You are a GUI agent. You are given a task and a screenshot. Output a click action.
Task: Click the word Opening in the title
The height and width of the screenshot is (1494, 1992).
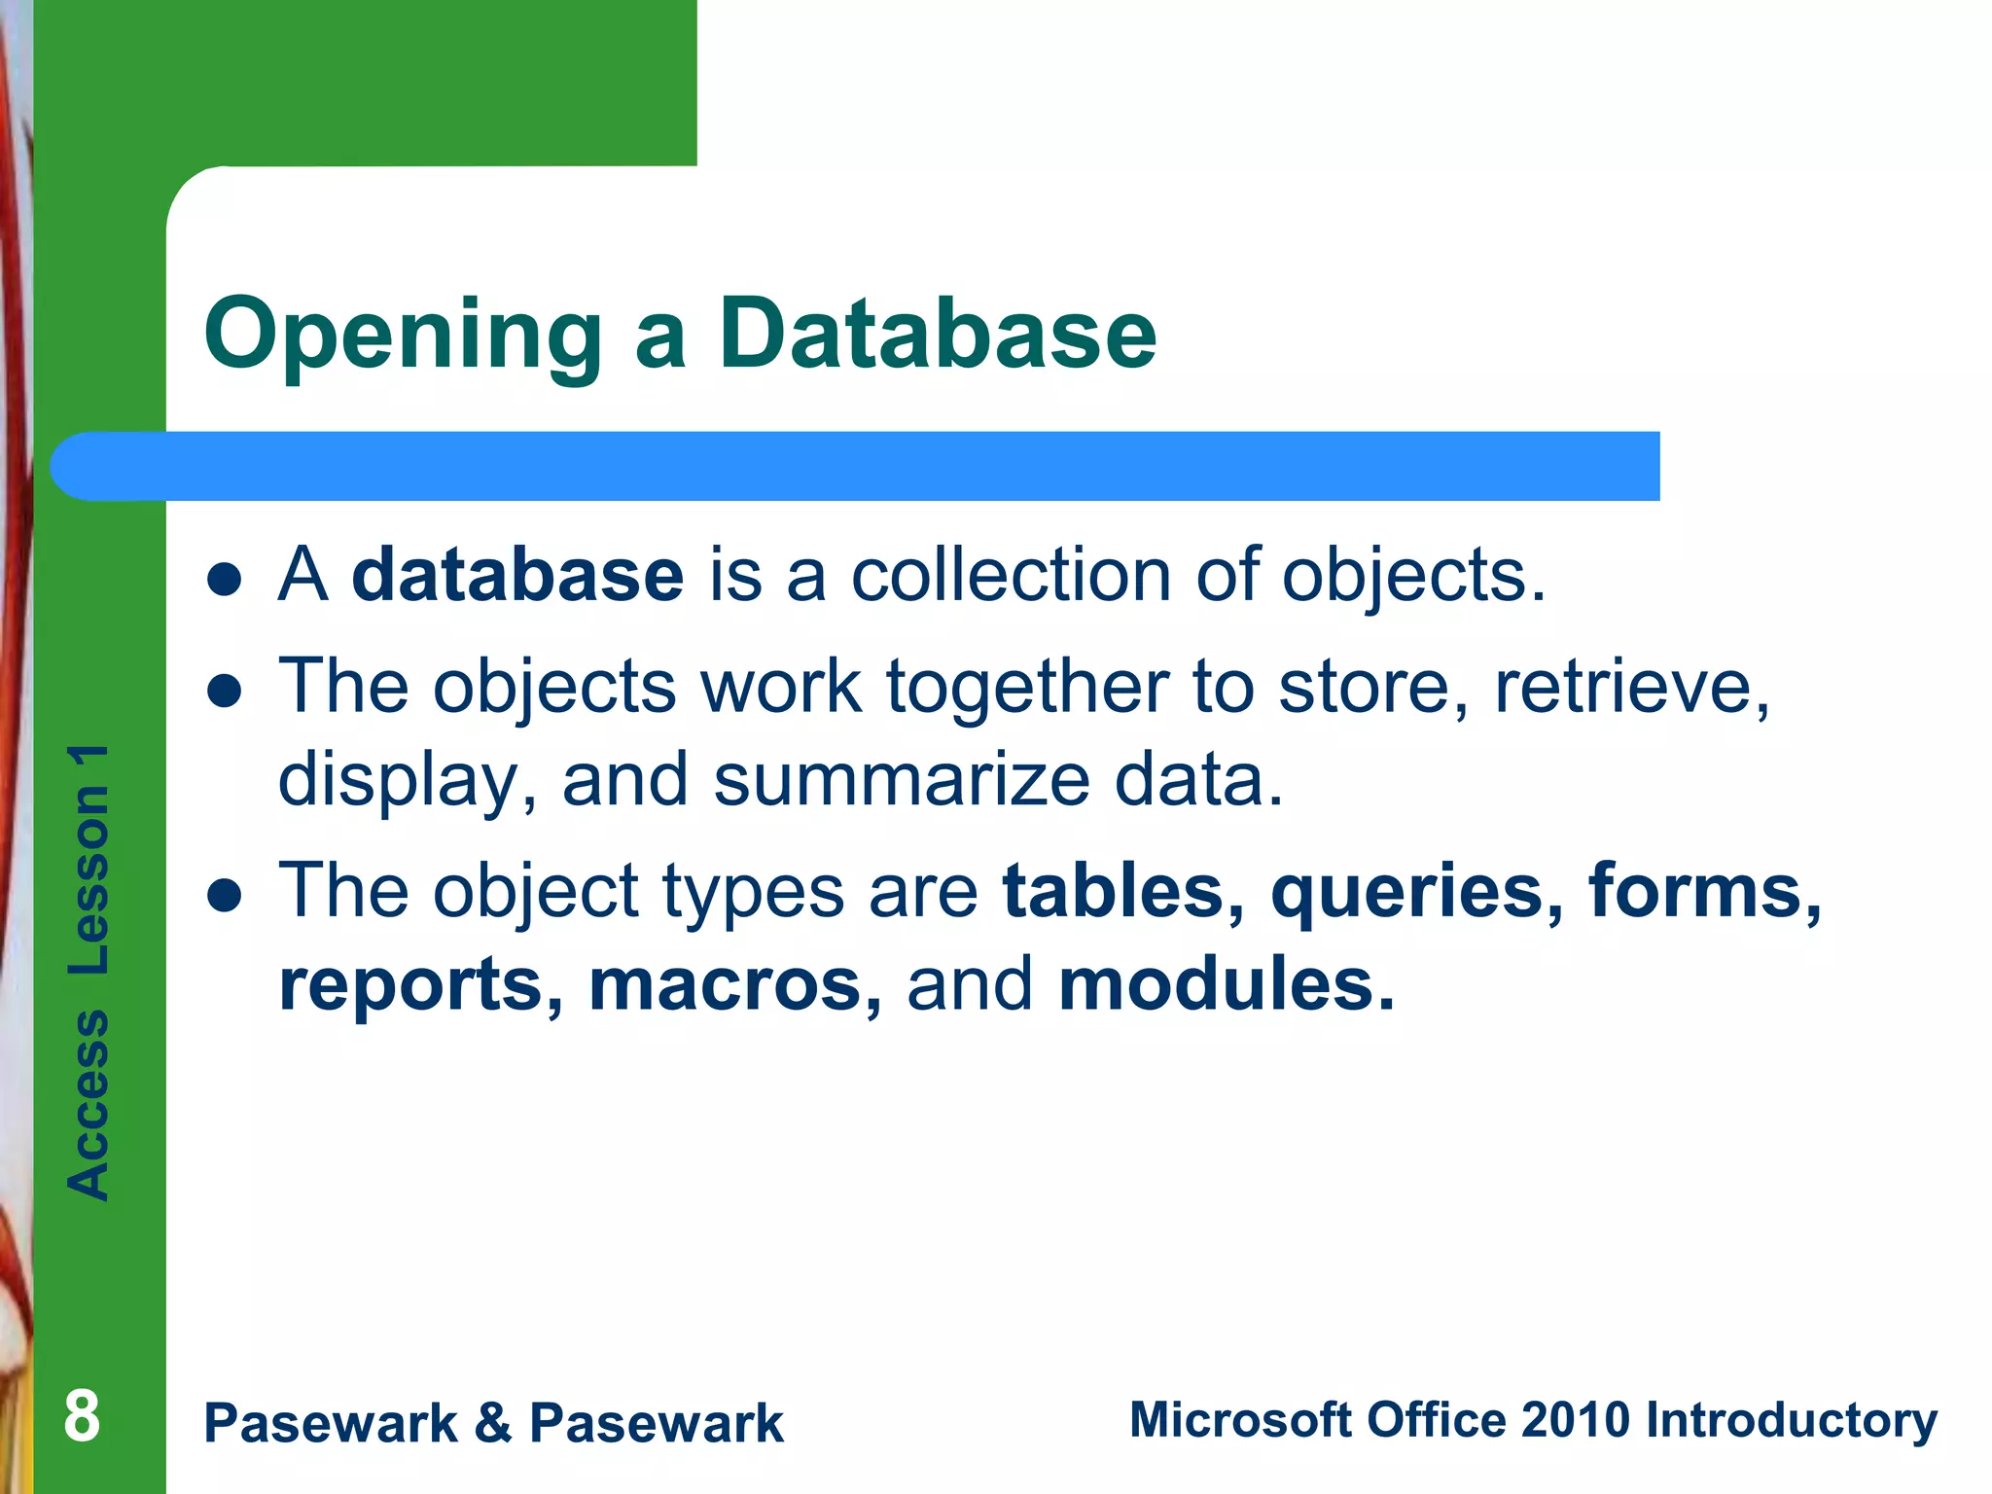click(403, 336)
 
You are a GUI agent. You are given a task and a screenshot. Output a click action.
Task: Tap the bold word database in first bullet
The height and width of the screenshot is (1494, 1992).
click(517, 576)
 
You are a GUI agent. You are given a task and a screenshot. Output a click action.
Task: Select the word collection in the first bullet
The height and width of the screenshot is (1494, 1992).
click(1012, 576)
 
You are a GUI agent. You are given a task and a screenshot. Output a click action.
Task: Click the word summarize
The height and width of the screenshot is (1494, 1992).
click(902, 781)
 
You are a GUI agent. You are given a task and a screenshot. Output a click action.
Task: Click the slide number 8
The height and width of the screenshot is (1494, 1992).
click(82, 1417)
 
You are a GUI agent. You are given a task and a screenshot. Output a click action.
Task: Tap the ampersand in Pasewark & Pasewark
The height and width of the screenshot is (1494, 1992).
click(493, 1423)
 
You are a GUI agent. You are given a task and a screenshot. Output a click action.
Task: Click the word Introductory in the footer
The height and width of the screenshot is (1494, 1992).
click(1791, 1421)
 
